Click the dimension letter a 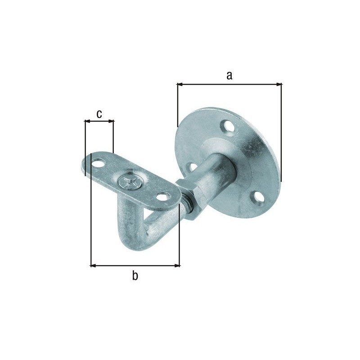(229, 76)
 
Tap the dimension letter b (135, 276)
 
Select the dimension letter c (99, 113)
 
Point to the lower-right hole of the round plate (257, 197)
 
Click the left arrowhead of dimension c (87, 121)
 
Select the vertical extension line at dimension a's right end (282, 135)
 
